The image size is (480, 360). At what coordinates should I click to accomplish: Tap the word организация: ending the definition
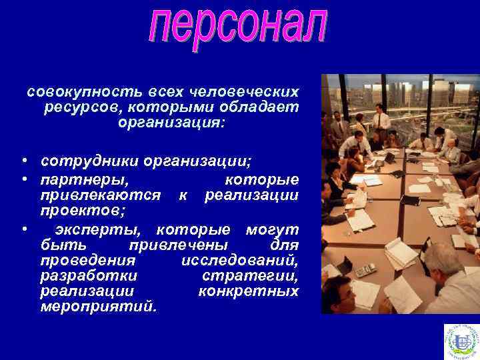tap(171, 123)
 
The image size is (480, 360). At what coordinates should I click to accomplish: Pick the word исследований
tap(240, 260)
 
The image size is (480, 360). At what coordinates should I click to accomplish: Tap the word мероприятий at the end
tap(99, 307)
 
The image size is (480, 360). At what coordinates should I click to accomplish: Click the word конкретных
tap(249, 291)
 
